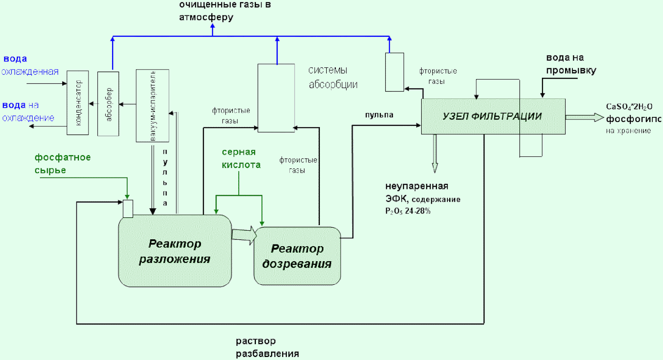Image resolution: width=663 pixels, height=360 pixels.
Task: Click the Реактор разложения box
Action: pos(175,251)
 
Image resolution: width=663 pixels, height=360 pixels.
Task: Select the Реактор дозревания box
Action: pos(297,256)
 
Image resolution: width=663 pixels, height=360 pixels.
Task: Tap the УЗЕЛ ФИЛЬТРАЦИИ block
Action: pos(493,116)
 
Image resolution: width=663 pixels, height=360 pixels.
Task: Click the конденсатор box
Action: pos(78,103)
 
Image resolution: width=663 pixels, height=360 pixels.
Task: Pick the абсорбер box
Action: pos(108,104)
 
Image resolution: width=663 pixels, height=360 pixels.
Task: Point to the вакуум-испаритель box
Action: pos(152,106)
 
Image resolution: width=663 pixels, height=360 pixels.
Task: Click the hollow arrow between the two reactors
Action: pos(244,235)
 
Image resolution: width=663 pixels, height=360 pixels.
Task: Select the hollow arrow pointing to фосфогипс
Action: pos(584,117)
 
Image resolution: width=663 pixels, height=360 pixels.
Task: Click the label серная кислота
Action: pos(241,159)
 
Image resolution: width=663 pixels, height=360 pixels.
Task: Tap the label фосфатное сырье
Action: pos(63,163)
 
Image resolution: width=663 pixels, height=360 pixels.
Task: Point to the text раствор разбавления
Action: pos(267,347)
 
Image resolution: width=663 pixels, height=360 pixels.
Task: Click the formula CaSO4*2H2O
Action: pos(629,107)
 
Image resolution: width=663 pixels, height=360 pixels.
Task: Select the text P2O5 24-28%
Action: pos(408,211)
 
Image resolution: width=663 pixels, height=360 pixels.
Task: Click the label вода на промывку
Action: pos(571,64)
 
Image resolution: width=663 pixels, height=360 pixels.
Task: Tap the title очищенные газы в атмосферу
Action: pos(225,11)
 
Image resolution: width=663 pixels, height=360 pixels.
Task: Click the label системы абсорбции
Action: pos(333,78)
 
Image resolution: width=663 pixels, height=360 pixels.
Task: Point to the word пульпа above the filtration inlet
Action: pos(379,115)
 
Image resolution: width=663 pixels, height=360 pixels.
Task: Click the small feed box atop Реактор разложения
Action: pos(128,209)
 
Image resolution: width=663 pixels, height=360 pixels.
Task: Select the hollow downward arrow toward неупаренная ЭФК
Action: pos(435,153)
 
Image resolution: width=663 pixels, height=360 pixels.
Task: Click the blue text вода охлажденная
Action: pos(30,65)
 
